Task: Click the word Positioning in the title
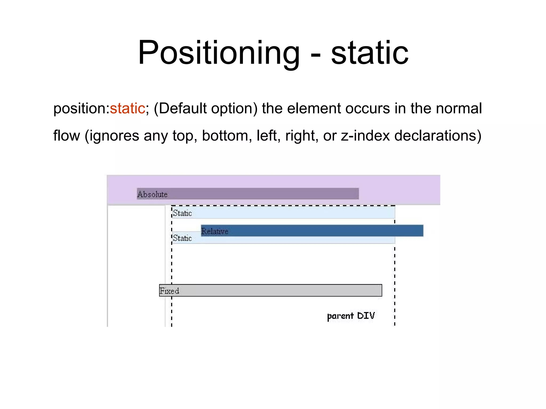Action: pos(219,52)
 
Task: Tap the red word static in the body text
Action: pos(127,108)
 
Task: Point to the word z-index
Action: pos(366,136)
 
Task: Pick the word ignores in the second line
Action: pos(114,136)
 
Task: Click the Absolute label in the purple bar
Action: pos(152,194)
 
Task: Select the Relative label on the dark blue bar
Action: pos(215,231)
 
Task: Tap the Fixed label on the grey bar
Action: pos(169,291)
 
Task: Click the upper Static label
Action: pos(182,213)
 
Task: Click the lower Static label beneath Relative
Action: pos(182,238)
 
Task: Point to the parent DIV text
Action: pos(351,316)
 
